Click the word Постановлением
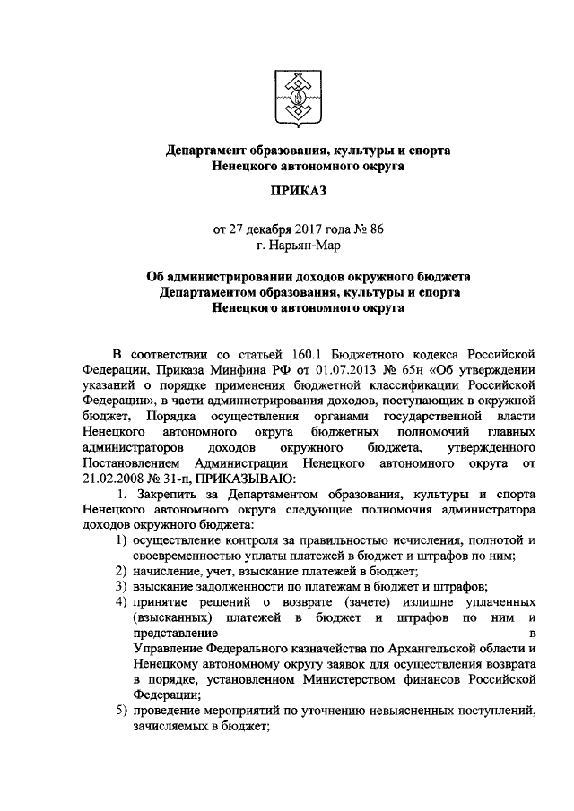click(129, 462)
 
